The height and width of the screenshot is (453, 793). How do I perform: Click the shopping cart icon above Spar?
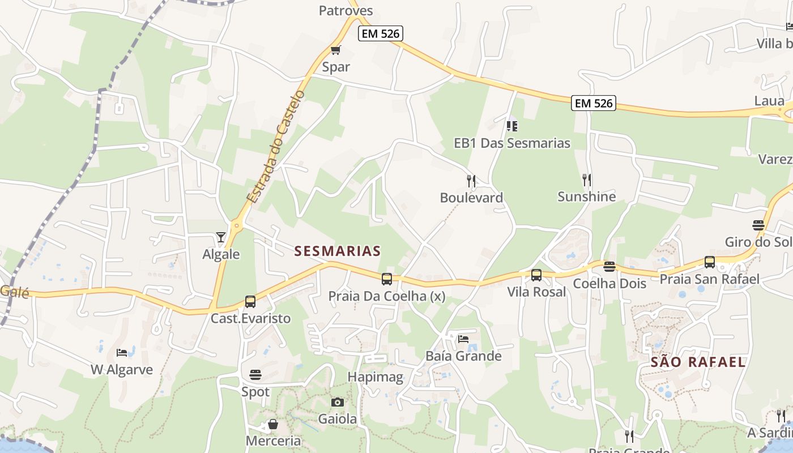pos(336,50)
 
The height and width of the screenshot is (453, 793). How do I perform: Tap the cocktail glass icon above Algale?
pos(221,237)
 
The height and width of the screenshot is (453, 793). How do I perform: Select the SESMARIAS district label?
pos(338,251)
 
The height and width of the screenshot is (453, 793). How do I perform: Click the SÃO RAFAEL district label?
pos(698,362)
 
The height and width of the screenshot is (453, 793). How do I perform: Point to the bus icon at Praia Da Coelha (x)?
pos(387,279)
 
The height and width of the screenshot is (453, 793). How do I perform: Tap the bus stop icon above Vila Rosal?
pos(536,275)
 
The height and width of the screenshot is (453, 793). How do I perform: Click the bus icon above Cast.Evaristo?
pos(250,301)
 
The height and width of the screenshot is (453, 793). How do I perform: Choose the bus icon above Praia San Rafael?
pos(710,262)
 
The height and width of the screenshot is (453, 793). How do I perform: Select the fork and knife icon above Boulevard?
pos(471,181)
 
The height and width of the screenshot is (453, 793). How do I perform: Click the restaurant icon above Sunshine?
pos(587,180)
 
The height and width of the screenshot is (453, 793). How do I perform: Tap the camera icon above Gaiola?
pos(338,402)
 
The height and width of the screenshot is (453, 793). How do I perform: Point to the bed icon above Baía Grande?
pos(463,339)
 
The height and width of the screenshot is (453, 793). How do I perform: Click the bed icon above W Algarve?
pos(122,353)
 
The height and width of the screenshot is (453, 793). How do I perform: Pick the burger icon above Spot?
pos(255,374)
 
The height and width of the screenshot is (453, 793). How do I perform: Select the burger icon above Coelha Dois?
pos(609,266)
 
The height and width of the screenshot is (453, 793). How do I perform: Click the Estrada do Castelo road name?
pos(276,146)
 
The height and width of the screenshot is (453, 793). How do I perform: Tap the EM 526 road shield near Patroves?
pos(381,33)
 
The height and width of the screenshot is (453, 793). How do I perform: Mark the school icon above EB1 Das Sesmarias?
pos(512,126)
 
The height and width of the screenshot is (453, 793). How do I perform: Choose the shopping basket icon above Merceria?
pos(273,424)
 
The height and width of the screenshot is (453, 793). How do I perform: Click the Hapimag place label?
pos(376,377)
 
